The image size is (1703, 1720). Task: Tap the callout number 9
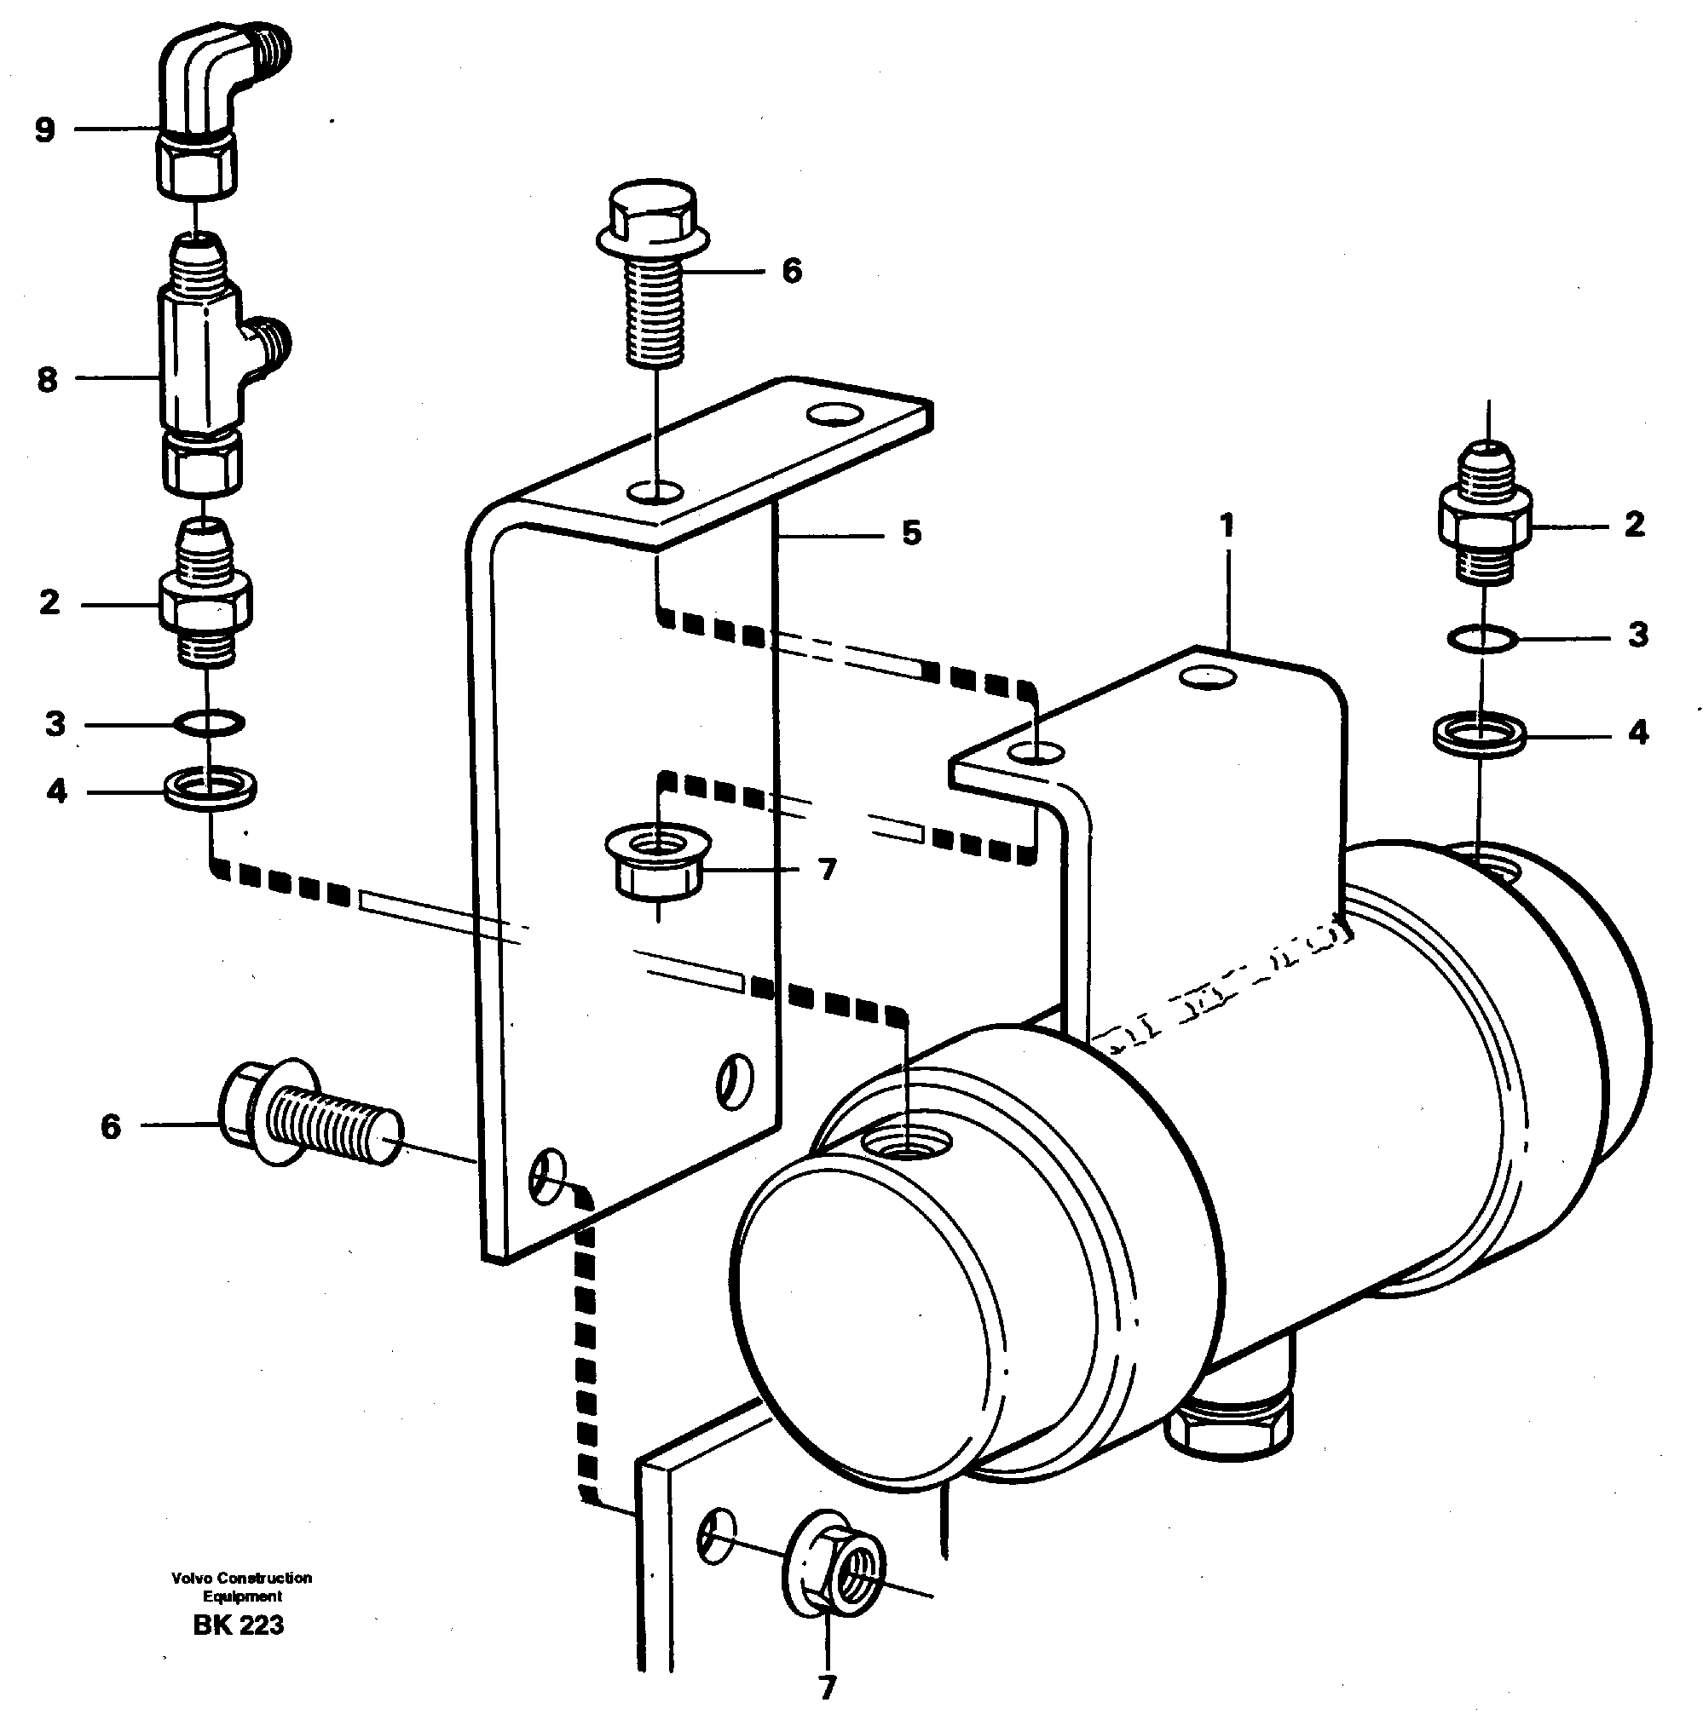pyautogui.click(x=44, y=130)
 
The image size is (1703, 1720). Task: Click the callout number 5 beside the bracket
pyautogui.click(x=910, y=533)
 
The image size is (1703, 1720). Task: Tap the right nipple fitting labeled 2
pyautogui.click(x=1485, y=526)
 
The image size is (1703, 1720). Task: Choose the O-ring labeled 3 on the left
pyautogui.click(x=207, y=723)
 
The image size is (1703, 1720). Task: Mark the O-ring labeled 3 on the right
pyautogui.click(x=1481, y=638)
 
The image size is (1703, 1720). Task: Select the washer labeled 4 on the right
pyautogui.click(x=1480, y=734)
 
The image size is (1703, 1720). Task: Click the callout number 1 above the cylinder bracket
pyautogui.click(x=1227, y=526)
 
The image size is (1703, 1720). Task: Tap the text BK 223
pyautogui.click(x=238, y=1625)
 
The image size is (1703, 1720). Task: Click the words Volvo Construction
pyautogui.click(x=241, y=1578)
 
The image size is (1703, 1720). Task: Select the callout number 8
pyautogui.click(x=46, y=380)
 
